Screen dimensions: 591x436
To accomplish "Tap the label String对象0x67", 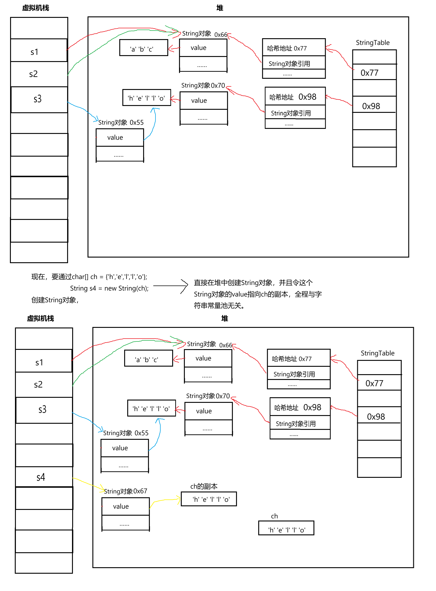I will coord(125,491).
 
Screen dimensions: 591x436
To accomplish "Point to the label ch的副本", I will coord(204,486).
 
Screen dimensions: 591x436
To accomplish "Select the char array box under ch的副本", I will coord(208,499).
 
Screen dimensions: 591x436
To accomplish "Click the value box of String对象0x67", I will coord(125,506).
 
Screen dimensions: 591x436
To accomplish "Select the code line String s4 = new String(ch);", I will coord(109,288).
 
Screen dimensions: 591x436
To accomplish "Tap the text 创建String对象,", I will coord(55,300).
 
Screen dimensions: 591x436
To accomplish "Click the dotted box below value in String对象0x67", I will coord(125,523).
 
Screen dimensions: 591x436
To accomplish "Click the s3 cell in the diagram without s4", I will coord(39,99).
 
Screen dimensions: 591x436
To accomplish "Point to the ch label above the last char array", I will coord(274,516).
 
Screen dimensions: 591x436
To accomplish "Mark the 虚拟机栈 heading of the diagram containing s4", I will coord(40,318).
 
